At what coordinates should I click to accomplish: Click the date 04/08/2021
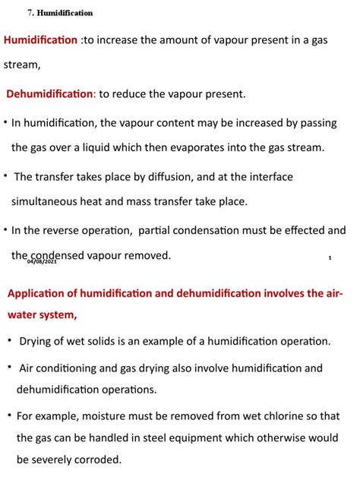[x=42, y=261]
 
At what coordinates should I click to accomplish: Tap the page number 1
[x=330, y=258]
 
